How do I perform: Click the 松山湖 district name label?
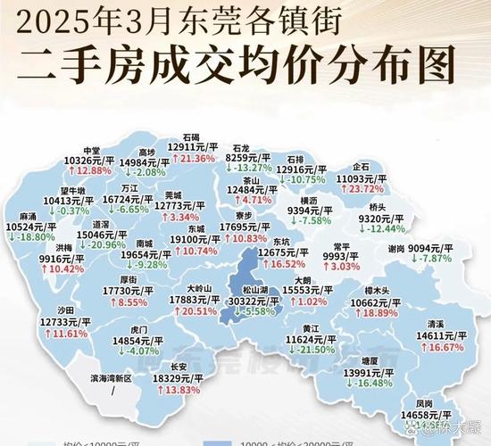click(x=255, y=290)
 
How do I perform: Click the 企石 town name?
click(x=361, y=166)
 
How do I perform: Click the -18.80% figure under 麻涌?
click(x=41, y=238)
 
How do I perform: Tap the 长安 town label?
click(x=178, y=367)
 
